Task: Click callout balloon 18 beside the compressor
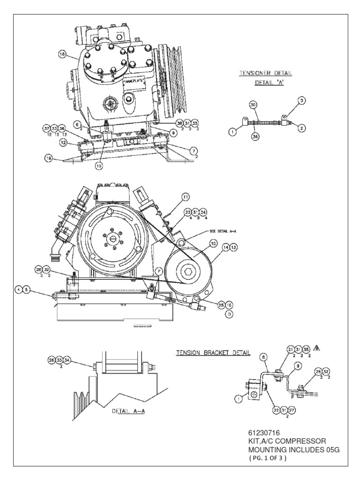click(62, 54)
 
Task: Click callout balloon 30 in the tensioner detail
click(253, 106)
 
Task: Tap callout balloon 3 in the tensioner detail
click(301, 100)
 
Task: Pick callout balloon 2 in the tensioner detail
click(301, 127)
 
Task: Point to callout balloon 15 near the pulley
click(213, 243)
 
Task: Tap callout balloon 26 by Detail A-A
click(52, 360)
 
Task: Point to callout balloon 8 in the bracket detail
click(264, 357)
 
